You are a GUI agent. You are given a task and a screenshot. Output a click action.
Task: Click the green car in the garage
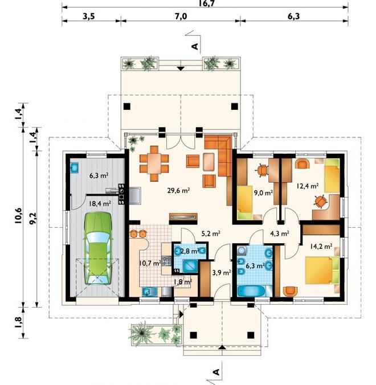tap(98, 248)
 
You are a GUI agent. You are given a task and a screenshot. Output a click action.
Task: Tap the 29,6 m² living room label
tap(178, 191)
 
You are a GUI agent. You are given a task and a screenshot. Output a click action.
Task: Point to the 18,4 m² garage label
tap(100, 203)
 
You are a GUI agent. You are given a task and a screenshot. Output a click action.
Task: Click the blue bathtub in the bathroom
tap(251, 292)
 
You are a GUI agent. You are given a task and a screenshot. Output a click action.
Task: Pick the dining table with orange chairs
tap(154, 163)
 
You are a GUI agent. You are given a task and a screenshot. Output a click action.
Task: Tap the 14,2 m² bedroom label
tap(321, 246)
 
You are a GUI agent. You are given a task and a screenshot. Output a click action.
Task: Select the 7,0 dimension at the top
tap(181, 17)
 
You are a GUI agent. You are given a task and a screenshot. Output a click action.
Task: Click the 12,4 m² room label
tap(308, 186)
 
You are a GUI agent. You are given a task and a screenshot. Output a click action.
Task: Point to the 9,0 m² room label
tap(264, 193)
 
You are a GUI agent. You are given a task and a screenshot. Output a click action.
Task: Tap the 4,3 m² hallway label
tap(280, 234)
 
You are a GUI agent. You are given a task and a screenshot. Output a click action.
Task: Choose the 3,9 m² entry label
tap(222, 272)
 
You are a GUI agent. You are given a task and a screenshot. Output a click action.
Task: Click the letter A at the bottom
tap(216, 372)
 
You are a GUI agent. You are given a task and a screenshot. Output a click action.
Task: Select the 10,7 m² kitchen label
tap(150, 264)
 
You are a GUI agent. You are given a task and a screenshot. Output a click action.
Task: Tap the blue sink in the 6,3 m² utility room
tap(74, 168)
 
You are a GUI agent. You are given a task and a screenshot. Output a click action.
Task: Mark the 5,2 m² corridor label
tap(211, 234)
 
